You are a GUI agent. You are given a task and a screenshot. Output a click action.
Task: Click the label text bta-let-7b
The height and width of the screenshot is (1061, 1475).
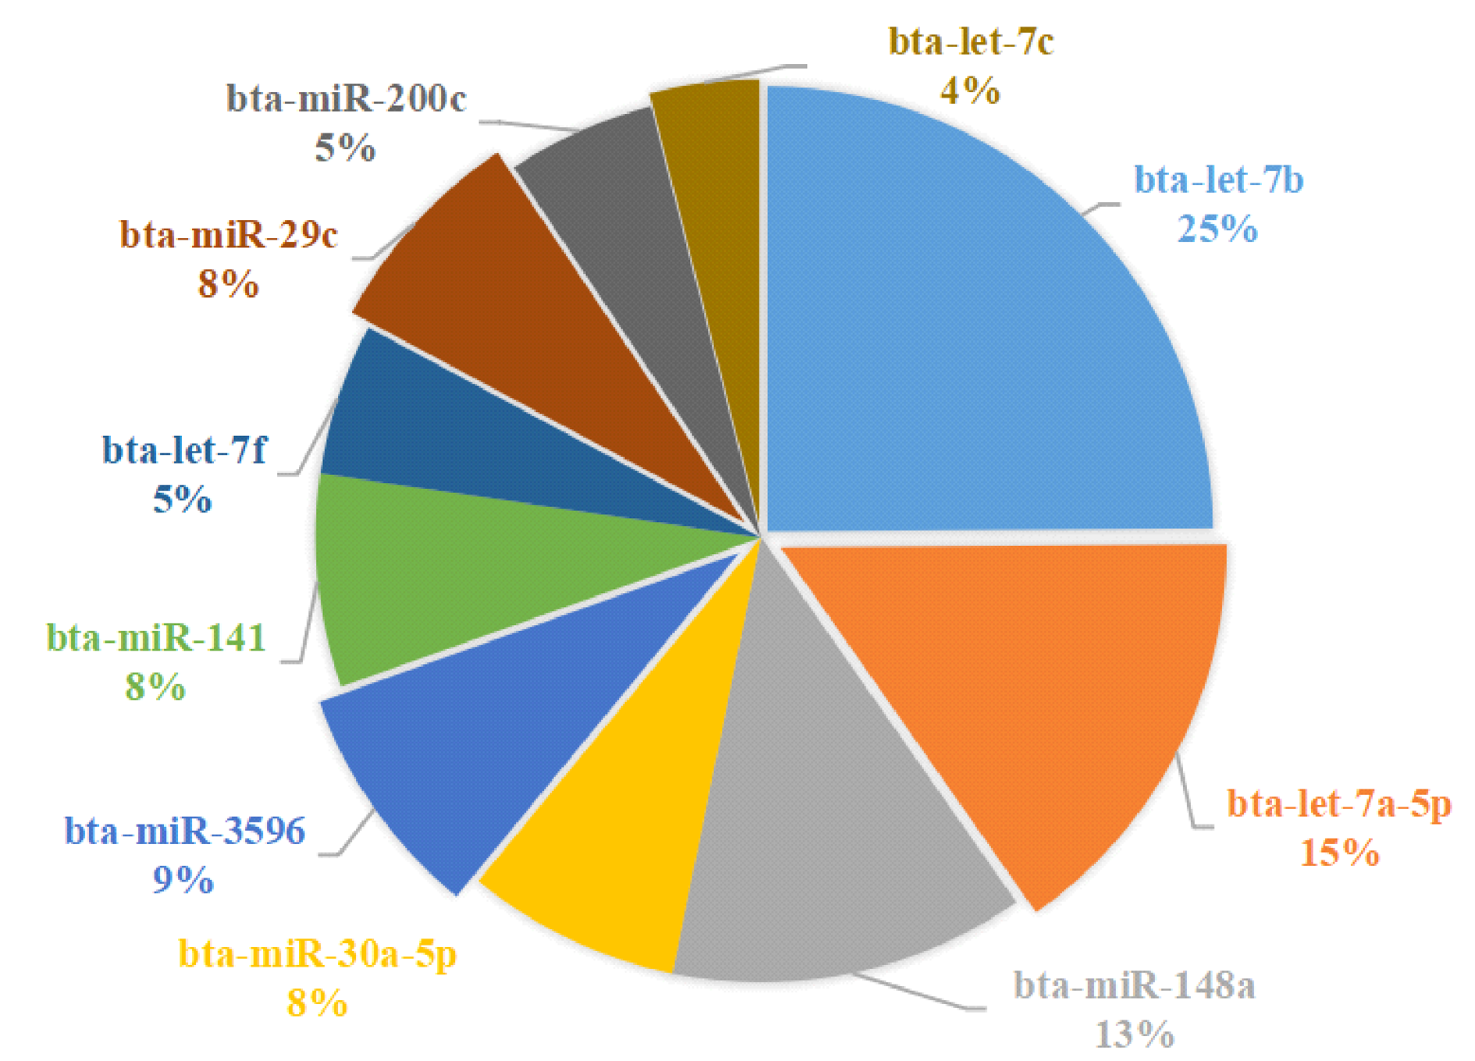click(x=1218, y=180)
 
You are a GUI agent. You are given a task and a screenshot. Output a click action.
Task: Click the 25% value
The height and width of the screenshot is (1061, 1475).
click(x=1217, y=229)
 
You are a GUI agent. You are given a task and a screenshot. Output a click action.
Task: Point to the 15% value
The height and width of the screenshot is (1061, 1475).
click(x=1339, y=852)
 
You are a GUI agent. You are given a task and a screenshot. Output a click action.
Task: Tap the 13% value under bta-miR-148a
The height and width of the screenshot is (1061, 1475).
click(x=1134, y=1034)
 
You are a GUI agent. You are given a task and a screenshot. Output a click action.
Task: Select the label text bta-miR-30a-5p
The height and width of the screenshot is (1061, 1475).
click(x=317, y=953)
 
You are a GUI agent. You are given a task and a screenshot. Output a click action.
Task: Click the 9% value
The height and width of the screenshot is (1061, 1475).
click(x=183, y=880)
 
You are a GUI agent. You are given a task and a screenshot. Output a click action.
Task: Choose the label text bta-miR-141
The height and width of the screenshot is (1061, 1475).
click(x=156, y=638)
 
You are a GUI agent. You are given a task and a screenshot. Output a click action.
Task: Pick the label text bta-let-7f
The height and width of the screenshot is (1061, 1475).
click(x=184, y=450)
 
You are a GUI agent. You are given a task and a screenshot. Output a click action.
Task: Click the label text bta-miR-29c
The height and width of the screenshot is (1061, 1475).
click(x=228, y=235)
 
